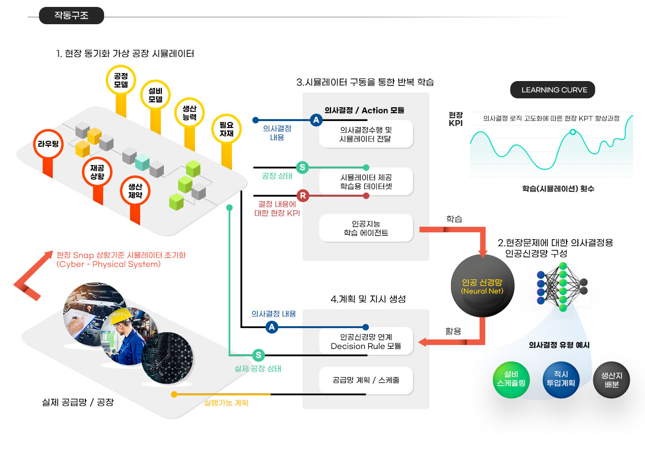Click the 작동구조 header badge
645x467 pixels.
[72, 16]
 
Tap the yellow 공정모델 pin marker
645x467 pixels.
[121, 81]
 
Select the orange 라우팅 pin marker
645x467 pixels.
[48, 144]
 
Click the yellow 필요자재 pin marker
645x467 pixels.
[227, 129]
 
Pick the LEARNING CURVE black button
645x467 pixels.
[553, 90]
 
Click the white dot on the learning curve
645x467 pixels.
[573, 132]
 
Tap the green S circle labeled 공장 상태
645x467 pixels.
[303, 168]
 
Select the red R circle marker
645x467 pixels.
[303, 196]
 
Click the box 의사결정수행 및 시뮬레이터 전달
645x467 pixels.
[366, 134]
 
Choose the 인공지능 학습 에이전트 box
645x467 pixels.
[366, 228]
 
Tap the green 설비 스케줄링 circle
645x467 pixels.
[511, 379]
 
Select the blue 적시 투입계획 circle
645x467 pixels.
[561, 379]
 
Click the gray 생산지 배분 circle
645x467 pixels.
[611, 380]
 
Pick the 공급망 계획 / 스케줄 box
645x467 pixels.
[366, 380]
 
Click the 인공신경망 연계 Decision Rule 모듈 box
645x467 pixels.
[366, 341]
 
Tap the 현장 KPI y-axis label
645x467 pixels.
[455, 119]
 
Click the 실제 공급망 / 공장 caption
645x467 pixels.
[78, 402]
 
